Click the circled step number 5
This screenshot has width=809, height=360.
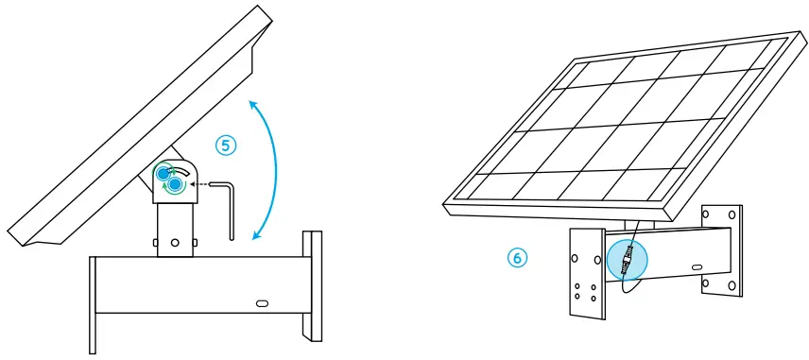click(x=226, y=145)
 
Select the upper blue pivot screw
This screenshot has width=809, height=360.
click(x=164, y=173)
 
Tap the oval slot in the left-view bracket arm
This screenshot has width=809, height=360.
click(x=262, y=304)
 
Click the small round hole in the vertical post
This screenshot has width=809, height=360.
click(x=174, y=241)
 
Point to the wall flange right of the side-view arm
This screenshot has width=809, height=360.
click(x=311, y=283)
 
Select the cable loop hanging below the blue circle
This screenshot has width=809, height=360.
click(x=624, y=293)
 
